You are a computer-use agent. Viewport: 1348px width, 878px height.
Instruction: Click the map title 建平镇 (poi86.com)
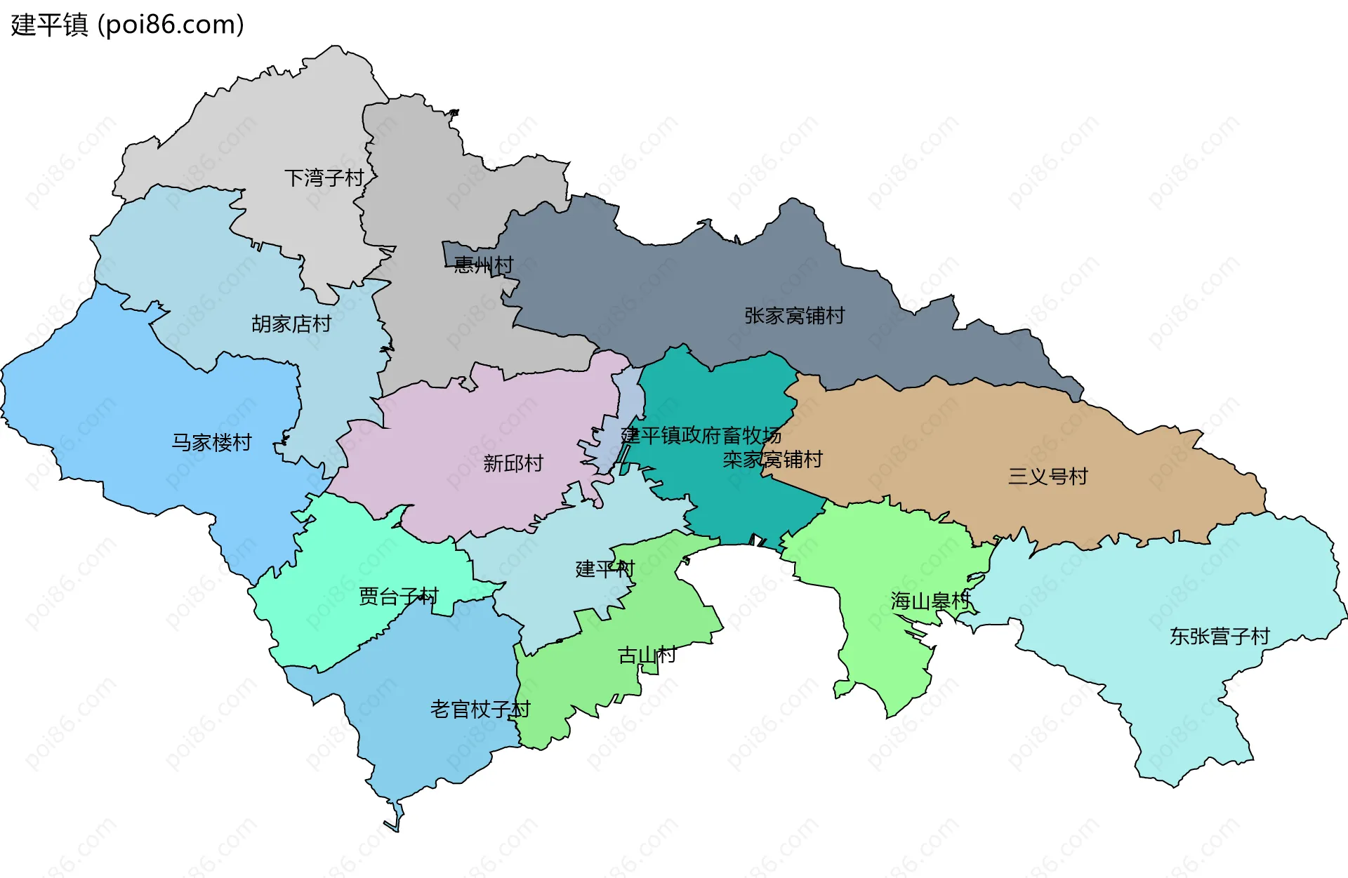(127, 25)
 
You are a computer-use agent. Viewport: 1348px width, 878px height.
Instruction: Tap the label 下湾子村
(324, 178)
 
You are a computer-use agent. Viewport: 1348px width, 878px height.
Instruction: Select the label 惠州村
(483, 265)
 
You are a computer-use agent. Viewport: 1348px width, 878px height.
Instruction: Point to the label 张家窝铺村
(794, 316)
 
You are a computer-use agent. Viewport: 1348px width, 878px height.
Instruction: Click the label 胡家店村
(291, 324)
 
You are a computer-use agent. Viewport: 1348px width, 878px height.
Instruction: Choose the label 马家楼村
(211, 442)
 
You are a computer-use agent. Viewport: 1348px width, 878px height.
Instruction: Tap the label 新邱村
(513, 463)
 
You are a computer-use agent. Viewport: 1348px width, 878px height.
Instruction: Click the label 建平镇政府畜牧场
(701, 435)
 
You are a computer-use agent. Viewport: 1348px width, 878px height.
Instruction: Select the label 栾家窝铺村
(772, 460)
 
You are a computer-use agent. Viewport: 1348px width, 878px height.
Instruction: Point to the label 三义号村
(1048, 477)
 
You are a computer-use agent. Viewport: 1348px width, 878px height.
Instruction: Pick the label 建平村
(604, 568)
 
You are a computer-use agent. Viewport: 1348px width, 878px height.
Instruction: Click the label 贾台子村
(398, 597)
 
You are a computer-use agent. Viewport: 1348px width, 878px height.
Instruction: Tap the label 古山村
(647, 655)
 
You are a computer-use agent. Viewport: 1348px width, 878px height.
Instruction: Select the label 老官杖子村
(480, 709)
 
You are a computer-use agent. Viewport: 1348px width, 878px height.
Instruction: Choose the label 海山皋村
(930, 601)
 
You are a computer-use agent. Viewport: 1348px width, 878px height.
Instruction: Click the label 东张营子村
(1220, 636)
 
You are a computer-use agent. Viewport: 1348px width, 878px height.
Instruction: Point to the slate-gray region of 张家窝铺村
(667, 295)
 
